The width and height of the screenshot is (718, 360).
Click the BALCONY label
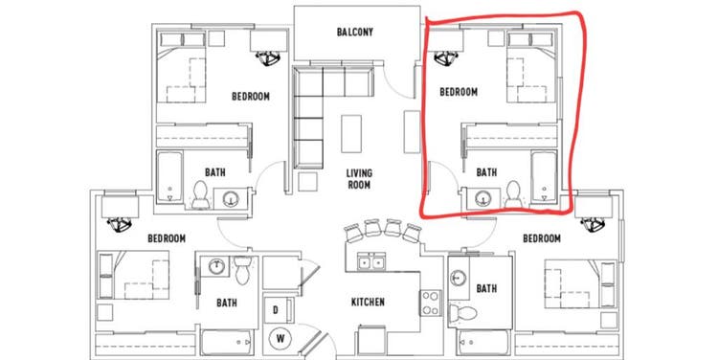point(355,32)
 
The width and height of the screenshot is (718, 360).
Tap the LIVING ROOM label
point(359,179)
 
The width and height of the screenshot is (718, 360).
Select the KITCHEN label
point(368,303)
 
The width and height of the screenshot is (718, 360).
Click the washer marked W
point(280,339)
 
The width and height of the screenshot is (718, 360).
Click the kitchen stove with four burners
point(431,304)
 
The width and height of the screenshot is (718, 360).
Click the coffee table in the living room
point(351,134)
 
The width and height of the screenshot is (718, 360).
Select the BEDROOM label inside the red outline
point(459,92)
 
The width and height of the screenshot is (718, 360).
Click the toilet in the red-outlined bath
point(513,193)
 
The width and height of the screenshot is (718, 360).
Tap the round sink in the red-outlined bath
point(482,198)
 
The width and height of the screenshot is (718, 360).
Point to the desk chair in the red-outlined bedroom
point(445,58)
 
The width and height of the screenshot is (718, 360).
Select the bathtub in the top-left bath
point(169,177)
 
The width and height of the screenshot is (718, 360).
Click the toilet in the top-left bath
point(200,194)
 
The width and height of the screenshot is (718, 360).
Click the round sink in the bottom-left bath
point(216,266)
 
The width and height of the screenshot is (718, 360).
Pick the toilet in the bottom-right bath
point(463,313)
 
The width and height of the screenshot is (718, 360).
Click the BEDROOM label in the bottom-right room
point(542,238)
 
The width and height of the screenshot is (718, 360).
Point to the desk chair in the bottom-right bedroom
point(593,223)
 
